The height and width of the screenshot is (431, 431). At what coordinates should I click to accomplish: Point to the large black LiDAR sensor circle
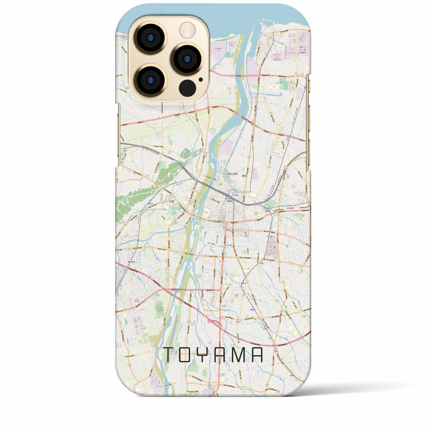pos(188,88)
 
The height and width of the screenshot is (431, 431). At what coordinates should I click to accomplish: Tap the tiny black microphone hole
pos(201,80)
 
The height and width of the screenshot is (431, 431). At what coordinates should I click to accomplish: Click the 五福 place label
pos(172,201)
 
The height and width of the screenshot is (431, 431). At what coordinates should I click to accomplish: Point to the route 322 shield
pos(127,88)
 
